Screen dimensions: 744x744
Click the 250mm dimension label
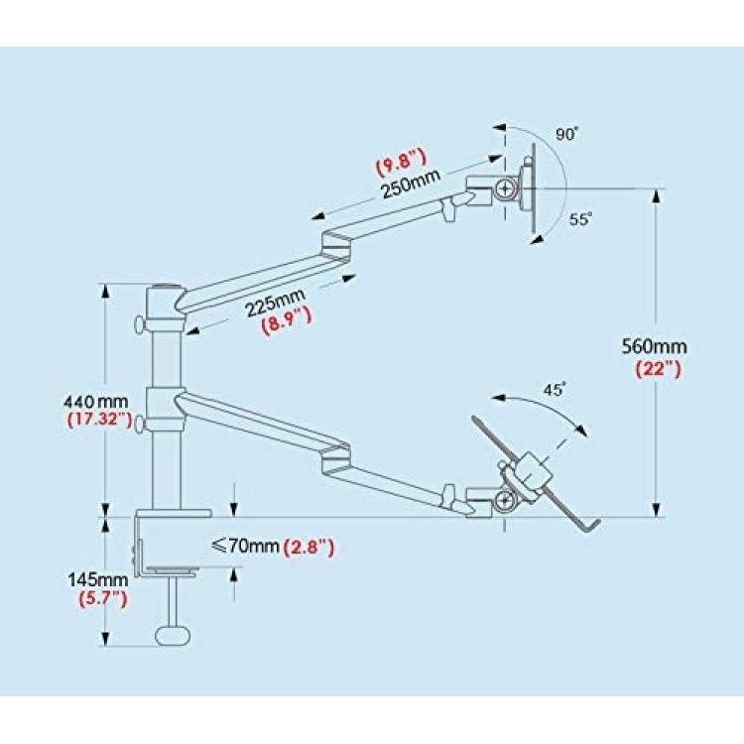(x=411, y=184)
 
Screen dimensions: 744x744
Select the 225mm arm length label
(x=275, y=303)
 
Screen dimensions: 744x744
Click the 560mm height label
(x=655, y=346)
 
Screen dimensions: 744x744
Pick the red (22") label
(x=658, y=369)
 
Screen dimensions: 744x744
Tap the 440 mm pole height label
(x=96, y=402)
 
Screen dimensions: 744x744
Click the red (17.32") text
(x=99, y=420)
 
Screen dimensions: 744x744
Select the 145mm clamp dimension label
(x=98, y=579)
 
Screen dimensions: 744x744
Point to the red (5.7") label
(x=103, y=599)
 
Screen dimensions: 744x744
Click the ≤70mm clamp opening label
(x=245, y=547)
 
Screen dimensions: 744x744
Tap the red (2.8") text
(x=309, y=548)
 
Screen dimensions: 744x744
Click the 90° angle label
(x=567, y=134)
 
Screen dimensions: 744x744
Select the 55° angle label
(x=580, y=219)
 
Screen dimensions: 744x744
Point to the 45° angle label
(x=555, y=389)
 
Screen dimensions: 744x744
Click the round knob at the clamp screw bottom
(x=173, y=636)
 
